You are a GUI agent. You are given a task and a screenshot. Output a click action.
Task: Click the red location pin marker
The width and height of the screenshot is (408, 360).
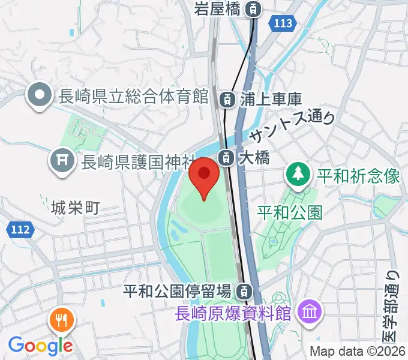(x=204, y=175)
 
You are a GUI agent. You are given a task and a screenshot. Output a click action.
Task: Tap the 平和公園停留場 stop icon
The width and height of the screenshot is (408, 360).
(x=243, y=292)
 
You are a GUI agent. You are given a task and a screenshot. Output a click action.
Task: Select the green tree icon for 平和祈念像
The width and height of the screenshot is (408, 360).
(x=296, y=175)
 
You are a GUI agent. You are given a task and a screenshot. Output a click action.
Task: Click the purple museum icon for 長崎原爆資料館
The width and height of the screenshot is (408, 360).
(x=311, y=312)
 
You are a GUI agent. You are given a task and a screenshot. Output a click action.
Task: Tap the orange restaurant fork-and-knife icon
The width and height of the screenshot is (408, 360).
(x=62, y=320)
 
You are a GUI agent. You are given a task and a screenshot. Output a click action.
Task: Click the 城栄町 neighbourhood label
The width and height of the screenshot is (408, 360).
(x=75, y=208)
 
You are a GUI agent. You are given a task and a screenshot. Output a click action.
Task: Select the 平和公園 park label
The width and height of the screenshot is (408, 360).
(x=290, y=211)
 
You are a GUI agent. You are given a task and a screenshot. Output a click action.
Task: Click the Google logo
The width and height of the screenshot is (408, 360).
(x=40, y=346)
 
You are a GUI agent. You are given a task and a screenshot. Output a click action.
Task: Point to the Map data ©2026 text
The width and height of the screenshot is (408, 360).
(x=358, y=352)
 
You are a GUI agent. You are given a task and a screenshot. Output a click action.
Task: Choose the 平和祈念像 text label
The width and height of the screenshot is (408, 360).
(x=358, y=176)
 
